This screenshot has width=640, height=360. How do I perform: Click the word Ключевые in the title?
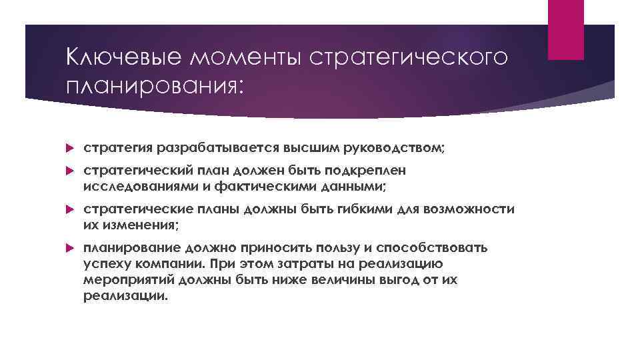pyautogui.click(x=112, y=58)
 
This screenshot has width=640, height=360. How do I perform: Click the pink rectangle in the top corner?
pyautogui.click(x=565, y=29)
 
